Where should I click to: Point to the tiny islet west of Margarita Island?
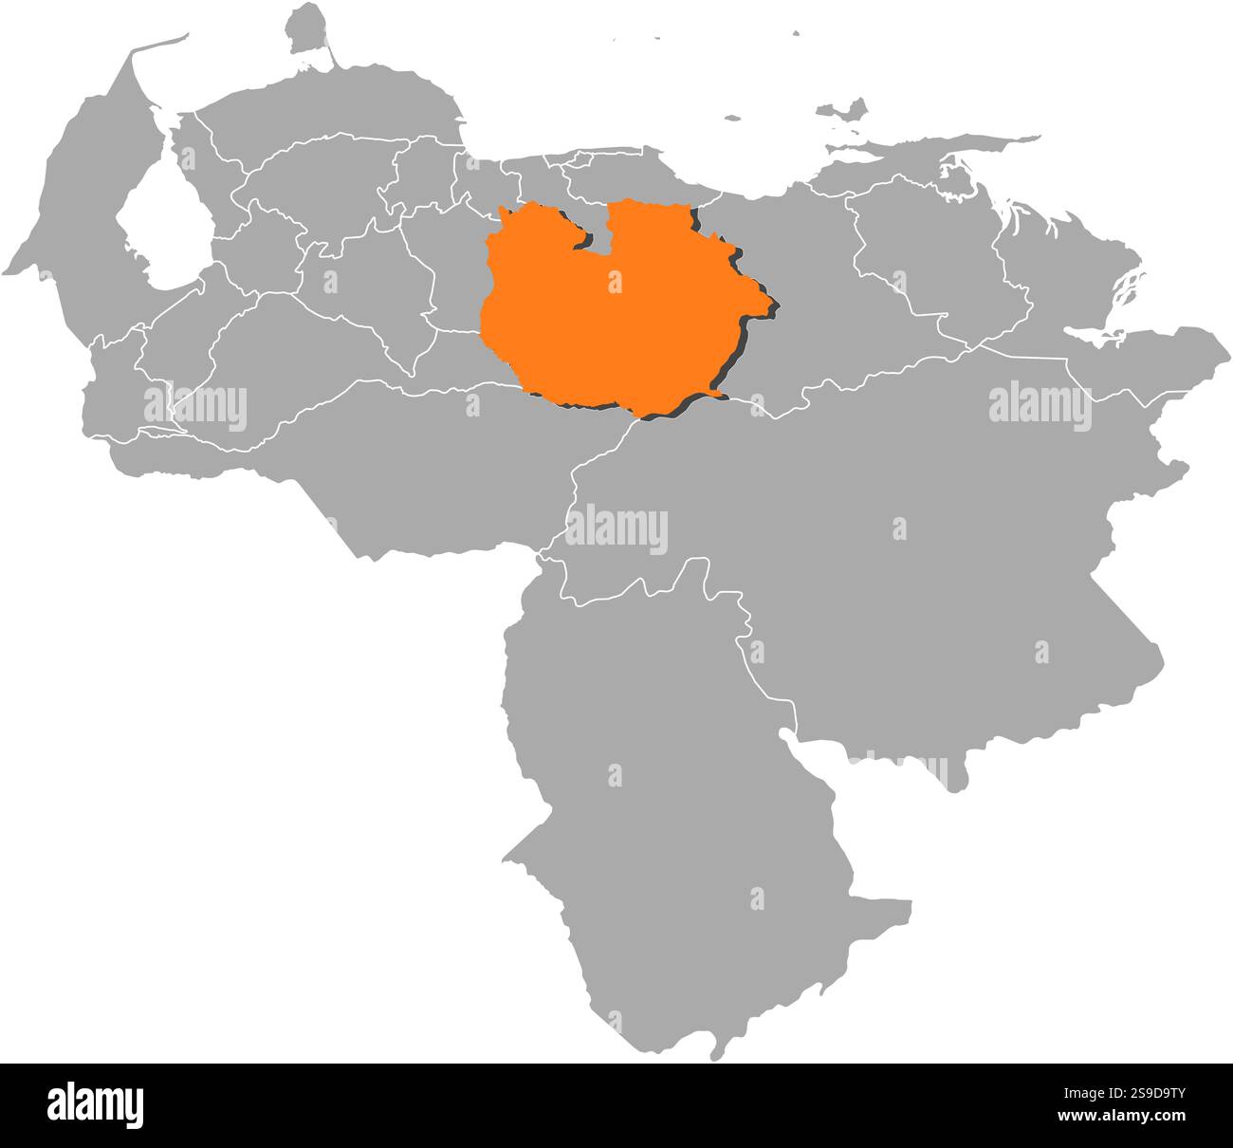[x=731, y=120]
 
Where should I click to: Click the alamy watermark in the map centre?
[x=616, y=530]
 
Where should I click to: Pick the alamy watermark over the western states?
[x=195, y=407]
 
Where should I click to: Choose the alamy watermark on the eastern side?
[x=1040, y=405]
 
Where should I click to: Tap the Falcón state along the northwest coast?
[x=332, y=104]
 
